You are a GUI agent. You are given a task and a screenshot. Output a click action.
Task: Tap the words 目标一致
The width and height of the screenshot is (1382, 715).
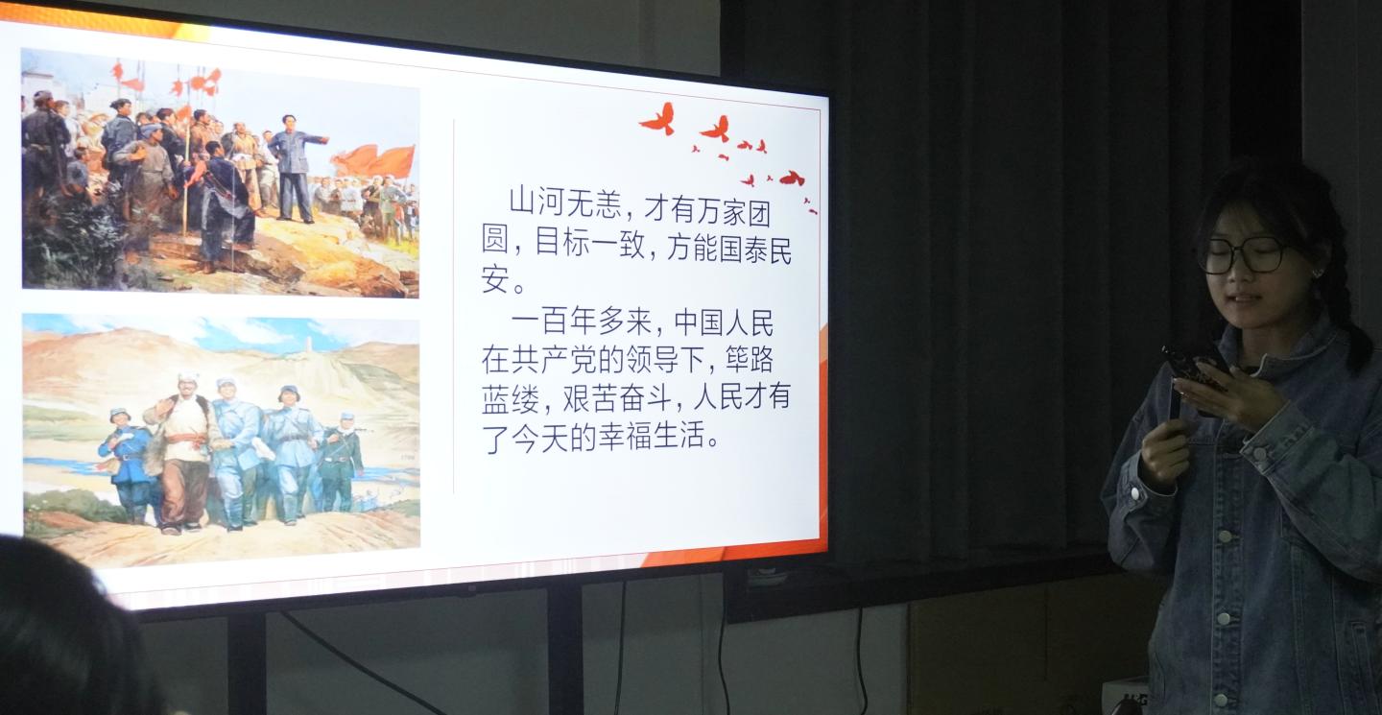[590, 243]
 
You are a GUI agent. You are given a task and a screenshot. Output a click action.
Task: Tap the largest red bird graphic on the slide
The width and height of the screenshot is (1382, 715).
[658, 119]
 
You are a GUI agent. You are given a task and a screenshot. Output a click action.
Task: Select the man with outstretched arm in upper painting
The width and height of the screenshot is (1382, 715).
[294, 168]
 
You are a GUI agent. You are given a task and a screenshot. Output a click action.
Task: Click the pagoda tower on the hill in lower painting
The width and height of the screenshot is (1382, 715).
[308, 345]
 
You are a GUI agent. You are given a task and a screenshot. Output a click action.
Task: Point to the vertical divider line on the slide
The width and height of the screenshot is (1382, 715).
[454, 306]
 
